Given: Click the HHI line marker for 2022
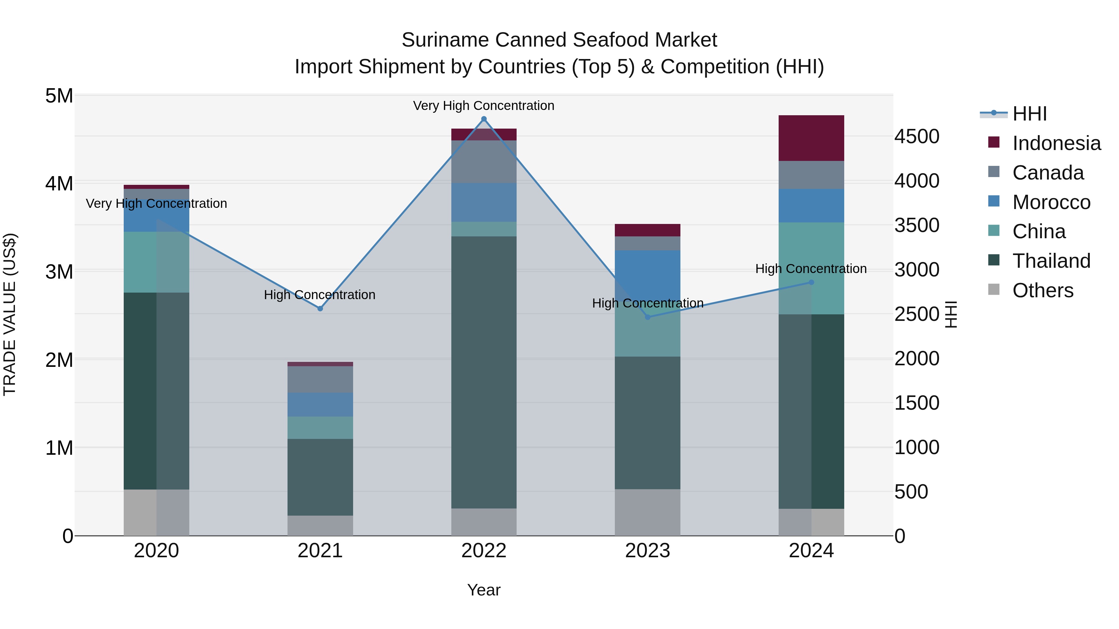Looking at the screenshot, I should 484,119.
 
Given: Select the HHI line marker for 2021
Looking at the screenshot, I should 320,309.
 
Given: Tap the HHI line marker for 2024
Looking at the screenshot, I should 811,283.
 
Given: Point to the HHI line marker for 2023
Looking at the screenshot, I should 648,317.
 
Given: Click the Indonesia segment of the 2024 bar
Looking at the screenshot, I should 811,138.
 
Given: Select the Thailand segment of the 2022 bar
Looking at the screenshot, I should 484,372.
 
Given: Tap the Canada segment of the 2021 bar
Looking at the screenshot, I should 320,379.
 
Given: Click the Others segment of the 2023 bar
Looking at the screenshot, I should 648,512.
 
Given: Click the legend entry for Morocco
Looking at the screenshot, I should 1051,202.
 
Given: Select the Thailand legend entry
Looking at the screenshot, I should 1051,261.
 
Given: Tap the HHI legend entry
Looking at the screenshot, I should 1029,114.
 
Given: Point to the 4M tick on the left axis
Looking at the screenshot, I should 59,184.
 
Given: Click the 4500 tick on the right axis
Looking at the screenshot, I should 917,136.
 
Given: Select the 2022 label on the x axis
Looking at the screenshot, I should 484,551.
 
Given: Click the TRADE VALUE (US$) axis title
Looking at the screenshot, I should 10,314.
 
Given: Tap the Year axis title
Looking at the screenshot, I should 484,590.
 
